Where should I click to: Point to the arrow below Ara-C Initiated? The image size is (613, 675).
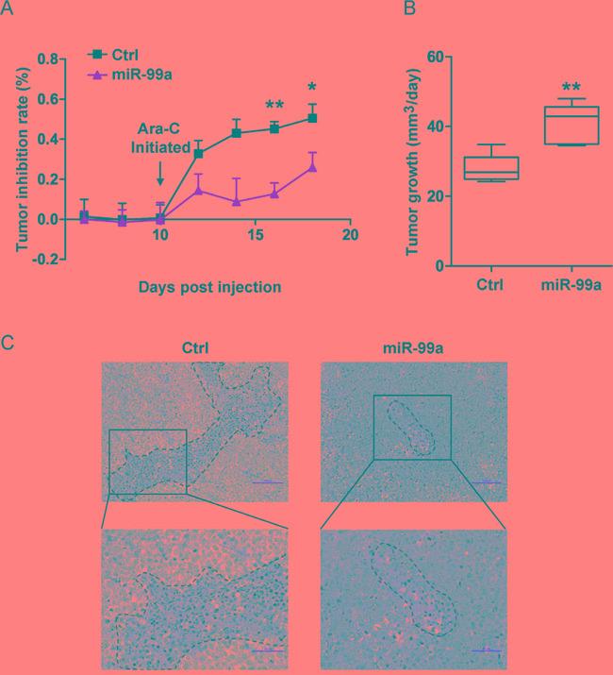click(x=160, y=173)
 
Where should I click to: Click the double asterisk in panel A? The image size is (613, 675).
click(x=274, y=106)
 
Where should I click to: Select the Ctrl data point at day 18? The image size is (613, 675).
click(x=312, y=118)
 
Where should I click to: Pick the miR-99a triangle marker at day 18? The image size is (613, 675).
click(x=312, y=167)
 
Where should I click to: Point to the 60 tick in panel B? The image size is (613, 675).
click(x=434, y=57)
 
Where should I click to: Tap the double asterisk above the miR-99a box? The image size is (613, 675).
click(x=571, y=88)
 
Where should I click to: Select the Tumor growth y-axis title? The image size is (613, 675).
click(x=411, y=160)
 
